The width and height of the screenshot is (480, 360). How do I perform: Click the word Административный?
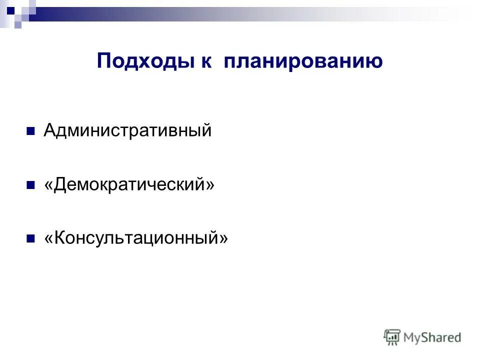click(x=127, y=131)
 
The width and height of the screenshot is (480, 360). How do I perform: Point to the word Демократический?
click(x=129, y=184)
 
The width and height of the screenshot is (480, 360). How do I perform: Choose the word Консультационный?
click(x=135, y=238)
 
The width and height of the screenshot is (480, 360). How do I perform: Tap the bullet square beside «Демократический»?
click(x=30, y=185)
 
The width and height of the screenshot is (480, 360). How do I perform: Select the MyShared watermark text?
click(x=432, y=337)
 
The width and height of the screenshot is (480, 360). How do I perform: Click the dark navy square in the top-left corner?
click(x=10, y=8)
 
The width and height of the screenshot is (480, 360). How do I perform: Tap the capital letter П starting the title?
click(x=103, y=61)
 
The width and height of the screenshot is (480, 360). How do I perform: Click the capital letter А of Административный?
click(x=49, y=131)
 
